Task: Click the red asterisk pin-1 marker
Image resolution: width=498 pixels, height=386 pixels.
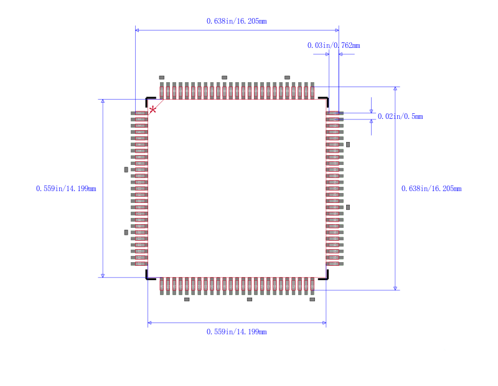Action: click(153, 110)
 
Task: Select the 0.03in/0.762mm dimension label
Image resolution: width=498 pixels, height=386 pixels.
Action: click(334, 45)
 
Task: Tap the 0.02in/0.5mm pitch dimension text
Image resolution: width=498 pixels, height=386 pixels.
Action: click(400, 116)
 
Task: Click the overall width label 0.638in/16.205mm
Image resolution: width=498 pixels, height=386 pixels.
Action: click(237, 21)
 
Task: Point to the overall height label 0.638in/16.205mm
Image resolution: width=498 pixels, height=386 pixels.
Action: click(431, 189)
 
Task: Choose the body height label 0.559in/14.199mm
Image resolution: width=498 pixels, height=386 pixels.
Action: click(66, 189)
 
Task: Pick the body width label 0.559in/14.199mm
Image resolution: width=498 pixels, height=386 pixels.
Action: click(237, 332)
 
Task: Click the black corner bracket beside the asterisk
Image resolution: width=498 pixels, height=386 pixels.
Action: click(149, 100)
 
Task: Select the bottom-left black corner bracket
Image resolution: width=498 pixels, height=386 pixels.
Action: click(149, 276)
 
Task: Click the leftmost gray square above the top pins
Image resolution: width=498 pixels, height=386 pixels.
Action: click(162, 77)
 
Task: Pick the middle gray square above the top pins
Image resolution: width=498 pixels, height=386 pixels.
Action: click(225, 77)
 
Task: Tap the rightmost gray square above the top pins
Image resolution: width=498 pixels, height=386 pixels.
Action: click(287, 77)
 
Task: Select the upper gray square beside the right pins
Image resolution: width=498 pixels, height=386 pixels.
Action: click(348, 144)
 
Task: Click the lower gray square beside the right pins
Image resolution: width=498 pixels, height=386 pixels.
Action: click(348, 207)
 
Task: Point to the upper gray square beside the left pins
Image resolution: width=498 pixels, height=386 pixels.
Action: click(126, 169)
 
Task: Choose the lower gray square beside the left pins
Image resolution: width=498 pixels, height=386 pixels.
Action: click(126, 232)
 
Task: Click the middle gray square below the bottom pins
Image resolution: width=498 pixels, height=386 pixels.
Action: click(250, 299)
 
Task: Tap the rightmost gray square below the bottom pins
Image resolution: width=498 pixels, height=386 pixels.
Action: click(312, 299)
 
